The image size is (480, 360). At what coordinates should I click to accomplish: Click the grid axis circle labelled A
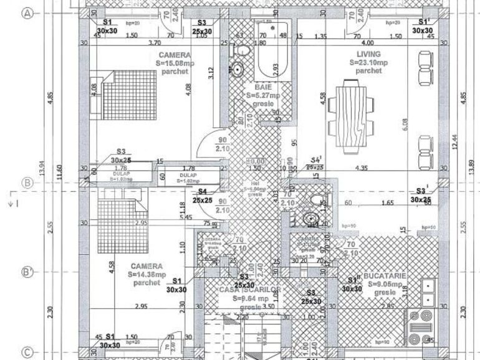27,15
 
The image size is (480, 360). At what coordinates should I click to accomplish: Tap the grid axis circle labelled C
27,353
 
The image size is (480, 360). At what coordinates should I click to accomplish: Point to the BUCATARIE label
387,275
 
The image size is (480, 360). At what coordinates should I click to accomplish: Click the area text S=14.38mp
147,274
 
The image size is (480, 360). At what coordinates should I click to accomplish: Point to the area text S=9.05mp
387,283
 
